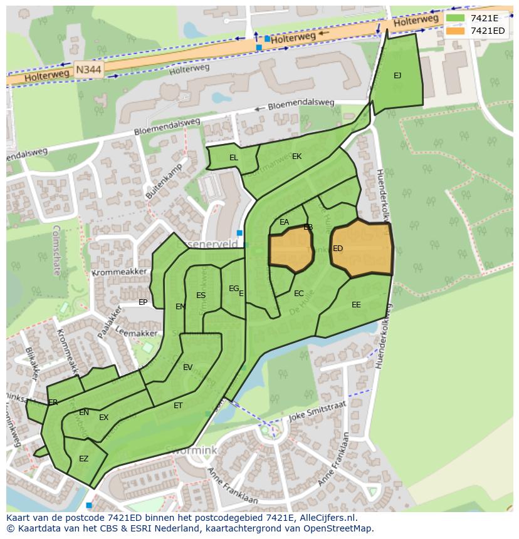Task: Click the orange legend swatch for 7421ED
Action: pos(456,31)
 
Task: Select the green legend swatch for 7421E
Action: pos(456,18)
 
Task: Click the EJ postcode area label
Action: pos(397,76)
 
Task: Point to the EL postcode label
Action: pos(234,158)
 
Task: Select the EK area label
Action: pos(297,157)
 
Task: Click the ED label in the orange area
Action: pos(338,249)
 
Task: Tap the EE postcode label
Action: pos(356,305)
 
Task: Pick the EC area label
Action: pos(299,294)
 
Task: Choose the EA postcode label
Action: pos(285,222)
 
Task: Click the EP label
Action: pos(143,302)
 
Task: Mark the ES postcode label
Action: pos(201,295)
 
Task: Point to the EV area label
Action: pos(187,367)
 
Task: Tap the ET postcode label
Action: pos(178,406)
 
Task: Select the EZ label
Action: pos(83,459)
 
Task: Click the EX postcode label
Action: pos(103,418)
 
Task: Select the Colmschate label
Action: pos(56,250)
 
